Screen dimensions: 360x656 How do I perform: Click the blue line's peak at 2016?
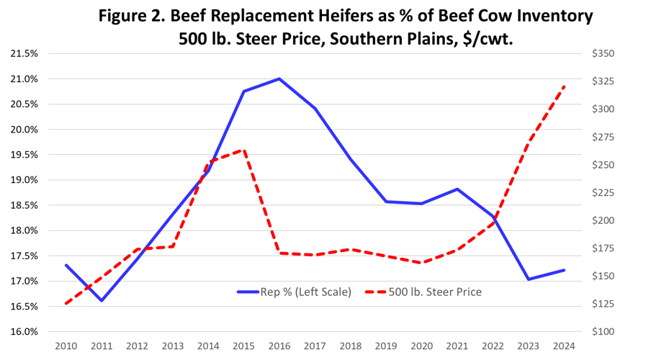coord(279,78)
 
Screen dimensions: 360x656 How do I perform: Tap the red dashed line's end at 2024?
coord(564,86)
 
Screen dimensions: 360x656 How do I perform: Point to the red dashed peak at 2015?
coord(244,150)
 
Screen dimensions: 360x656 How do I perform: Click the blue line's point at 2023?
coord(529,279)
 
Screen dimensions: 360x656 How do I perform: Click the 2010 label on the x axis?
coord(66,346)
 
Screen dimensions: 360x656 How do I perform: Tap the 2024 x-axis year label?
coord(564,346)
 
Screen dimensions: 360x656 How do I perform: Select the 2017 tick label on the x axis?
coord(315,346)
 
